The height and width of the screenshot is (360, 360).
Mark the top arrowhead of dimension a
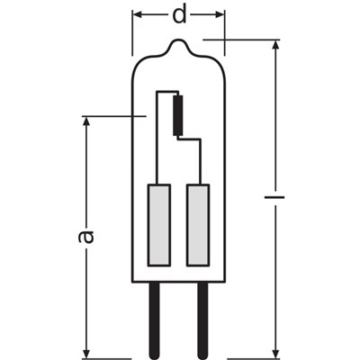[x=87, y=121]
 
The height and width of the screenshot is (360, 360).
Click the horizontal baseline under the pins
[x=180, y=355]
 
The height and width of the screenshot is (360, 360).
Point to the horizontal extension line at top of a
[x=117, y=115]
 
